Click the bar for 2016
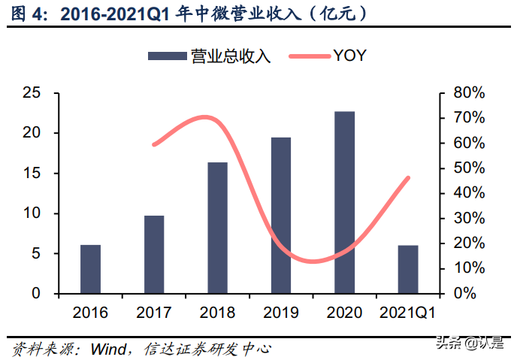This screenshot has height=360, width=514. click(x=90, y=269)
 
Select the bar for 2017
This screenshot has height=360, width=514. click(x=154, y=255)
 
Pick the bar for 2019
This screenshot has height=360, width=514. click(x=281, y=216)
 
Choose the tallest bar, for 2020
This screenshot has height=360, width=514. click(x=345, y=202)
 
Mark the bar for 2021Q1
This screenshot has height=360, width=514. click(x=408, y=269)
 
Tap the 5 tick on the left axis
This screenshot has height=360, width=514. click(x=35, y=253)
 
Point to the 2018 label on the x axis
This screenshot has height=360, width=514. click(x=217, y=312)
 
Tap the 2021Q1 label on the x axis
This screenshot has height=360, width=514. click(x=408, y=312)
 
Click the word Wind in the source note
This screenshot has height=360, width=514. click(x=108, y=349)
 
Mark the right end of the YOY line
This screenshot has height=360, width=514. click(x=409, y=178)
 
